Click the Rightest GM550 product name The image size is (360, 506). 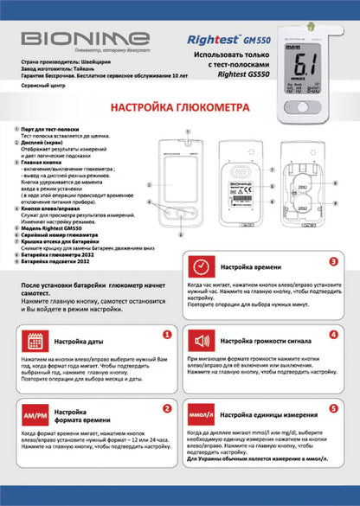pyautogui.click(x=221, y=39)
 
